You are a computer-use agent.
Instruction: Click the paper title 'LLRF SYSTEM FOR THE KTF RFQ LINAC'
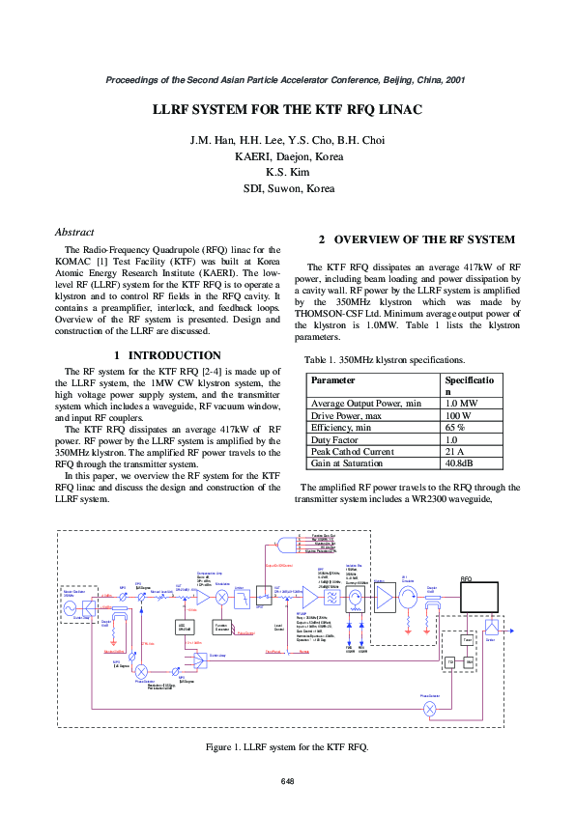click(x=287, y=110)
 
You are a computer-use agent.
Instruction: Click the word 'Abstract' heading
click(x=74, y=232)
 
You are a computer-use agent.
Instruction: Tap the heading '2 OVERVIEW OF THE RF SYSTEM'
click(x=417, y=238)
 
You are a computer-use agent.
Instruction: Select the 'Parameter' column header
click(x=333, y=380)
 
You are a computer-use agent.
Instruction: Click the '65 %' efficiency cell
click(x=455, y=427)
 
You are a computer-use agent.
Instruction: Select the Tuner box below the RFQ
click(x=467, y=639)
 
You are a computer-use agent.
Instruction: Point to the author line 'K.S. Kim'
click(x=287, y=171)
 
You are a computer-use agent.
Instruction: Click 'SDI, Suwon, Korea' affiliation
click(x=287, y=188)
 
